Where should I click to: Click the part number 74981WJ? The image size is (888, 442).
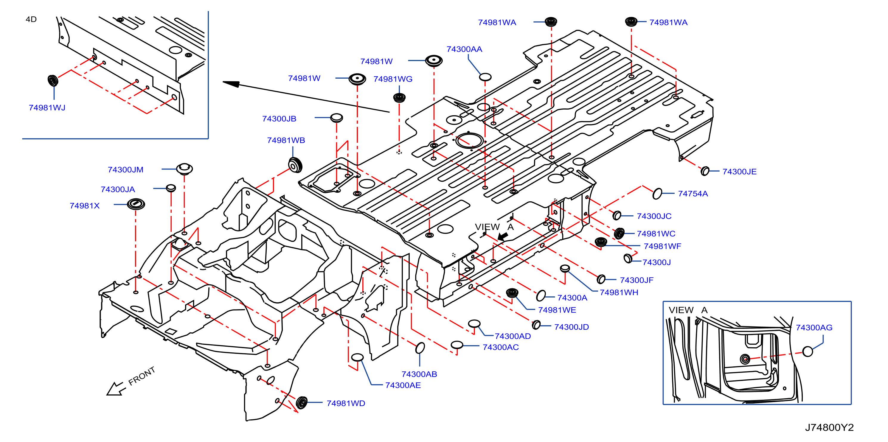[x=47, y=108]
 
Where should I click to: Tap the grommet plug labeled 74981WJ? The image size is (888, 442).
[x=53, y=81]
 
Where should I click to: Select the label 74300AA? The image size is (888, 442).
[x=464, y=49]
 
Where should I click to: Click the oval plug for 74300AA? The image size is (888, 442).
[x=485, y=77]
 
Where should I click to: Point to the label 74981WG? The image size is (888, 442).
[x=393, y=79]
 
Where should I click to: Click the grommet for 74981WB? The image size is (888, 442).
[x=295, y=165]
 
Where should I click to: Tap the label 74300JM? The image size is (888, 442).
[x=125, y=170]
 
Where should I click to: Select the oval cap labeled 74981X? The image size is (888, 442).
[x=136, y=204]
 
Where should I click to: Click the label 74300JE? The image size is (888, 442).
[x=739, y=172]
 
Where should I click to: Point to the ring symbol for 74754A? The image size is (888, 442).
[x=657, y=194]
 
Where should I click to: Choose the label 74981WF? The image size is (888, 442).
[x=662, y=246]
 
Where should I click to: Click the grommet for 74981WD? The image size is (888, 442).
[x=302, y=403]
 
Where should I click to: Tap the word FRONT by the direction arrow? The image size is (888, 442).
[x=142, y=376]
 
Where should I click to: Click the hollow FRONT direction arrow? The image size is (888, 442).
[x=115, y=389]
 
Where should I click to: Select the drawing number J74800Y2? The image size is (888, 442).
[x=829, y=427]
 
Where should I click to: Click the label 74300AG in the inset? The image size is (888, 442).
[x=814, y=328]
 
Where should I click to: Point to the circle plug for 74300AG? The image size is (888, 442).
[x=807, y=351]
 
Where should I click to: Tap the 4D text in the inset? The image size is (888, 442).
[x=31, y=20]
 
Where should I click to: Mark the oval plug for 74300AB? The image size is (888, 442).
[x=420, y=348]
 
